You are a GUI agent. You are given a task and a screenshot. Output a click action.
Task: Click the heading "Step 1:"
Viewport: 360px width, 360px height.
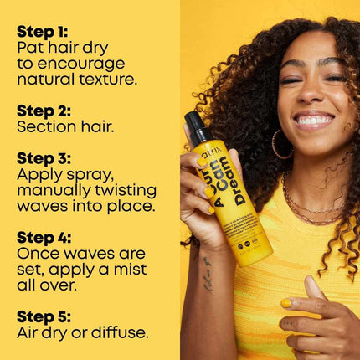coord(42,32)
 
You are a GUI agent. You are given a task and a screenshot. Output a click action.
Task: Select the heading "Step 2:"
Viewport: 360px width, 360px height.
coord(42,111)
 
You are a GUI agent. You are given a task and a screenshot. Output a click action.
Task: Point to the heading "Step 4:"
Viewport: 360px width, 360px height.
coord(43,238)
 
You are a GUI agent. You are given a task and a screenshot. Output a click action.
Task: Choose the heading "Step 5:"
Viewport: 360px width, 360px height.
coord(43,317)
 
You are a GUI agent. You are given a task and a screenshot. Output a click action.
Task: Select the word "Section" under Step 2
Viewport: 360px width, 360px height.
coord(45,127)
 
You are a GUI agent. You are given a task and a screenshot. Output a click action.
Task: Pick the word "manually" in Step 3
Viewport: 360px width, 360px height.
coord(54,191)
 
